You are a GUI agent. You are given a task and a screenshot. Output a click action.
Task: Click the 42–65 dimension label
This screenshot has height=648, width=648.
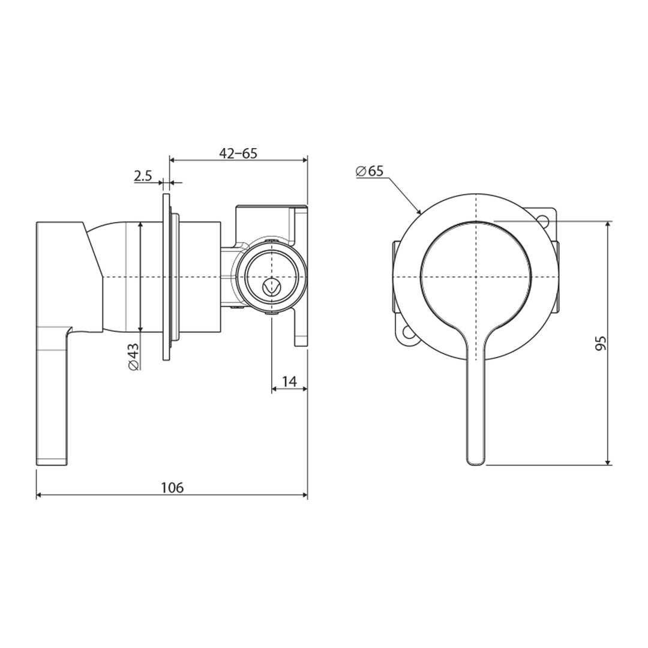238,153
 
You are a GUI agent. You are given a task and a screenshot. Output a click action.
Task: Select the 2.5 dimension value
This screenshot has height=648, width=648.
143,176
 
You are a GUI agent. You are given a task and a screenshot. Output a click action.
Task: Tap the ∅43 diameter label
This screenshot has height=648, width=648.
134,356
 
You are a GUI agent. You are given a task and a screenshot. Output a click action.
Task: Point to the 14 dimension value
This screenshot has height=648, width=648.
289,382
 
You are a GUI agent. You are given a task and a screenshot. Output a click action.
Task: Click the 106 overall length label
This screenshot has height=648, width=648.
172,488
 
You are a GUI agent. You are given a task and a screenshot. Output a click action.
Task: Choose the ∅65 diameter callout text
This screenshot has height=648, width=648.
370,171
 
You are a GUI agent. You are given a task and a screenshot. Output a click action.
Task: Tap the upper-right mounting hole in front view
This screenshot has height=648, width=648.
545,220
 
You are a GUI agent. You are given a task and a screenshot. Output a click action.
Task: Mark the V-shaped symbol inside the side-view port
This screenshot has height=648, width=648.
272,286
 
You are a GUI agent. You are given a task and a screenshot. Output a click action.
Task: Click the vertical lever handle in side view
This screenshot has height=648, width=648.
53,396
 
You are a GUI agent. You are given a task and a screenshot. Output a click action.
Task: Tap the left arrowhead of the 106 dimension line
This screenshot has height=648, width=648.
39,495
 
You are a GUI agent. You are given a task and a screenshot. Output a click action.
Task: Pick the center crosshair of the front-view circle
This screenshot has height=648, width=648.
476,277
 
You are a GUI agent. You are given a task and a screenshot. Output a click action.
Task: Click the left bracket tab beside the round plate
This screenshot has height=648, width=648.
395,277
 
